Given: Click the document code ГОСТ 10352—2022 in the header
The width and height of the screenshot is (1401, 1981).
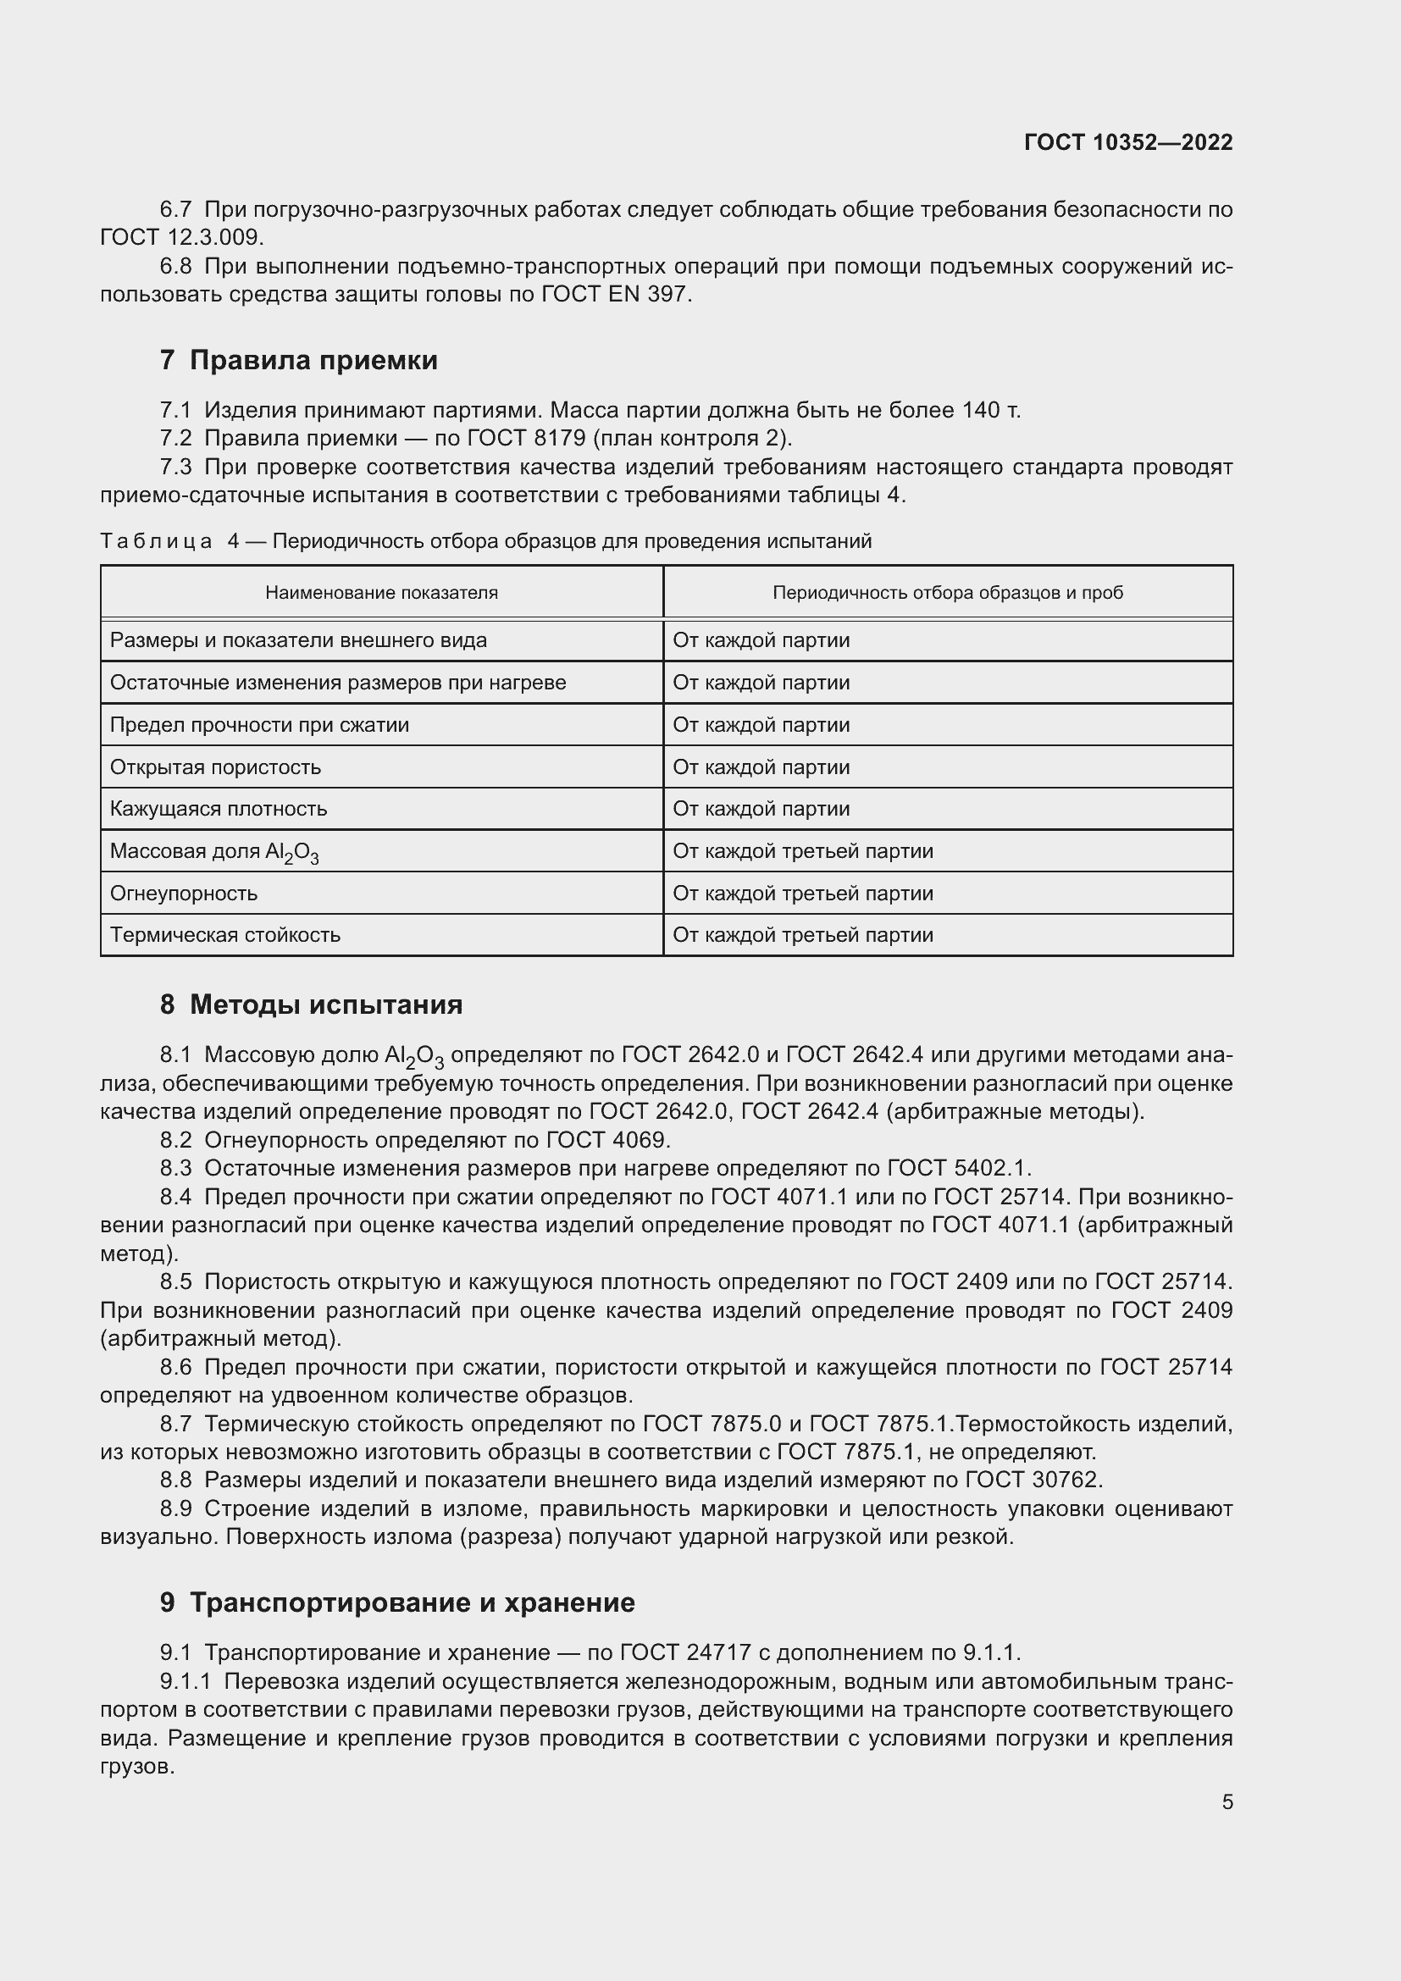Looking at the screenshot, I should [x=1127, y=142].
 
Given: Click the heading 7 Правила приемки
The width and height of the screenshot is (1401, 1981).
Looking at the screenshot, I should [x=298, y=360].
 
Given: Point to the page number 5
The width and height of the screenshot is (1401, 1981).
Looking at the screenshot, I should [x=1227, y=1801].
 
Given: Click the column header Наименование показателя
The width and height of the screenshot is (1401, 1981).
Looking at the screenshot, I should [x=381, y=593].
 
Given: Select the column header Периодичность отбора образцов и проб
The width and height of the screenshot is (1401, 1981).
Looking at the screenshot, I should [x=947, y=593].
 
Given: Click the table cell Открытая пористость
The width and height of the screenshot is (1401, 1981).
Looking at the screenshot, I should [x=216, y=767].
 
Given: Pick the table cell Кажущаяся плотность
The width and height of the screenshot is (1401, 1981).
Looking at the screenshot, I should [x=219, y=810].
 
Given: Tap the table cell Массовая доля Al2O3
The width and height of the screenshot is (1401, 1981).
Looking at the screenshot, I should [x=214, y=851].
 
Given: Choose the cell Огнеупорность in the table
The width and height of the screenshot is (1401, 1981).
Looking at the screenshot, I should [x=184, y=893].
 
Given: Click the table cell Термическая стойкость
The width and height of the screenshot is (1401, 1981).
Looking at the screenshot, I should [x=225, y=935].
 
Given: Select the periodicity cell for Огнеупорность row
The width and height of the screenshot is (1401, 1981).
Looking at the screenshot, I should [x=802, y=893].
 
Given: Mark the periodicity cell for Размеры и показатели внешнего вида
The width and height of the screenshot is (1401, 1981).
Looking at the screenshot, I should [x=761, y=640].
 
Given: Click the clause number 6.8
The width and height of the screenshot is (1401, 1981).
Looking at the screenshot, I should [x=176, y=267].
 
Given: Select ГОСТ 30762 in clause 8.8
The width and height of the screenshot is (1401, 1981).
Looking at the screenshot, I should [x=1032, y=1480].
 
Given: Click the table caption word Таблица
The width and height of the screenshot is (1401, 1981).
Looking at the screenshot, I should [x=156, y=542].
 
